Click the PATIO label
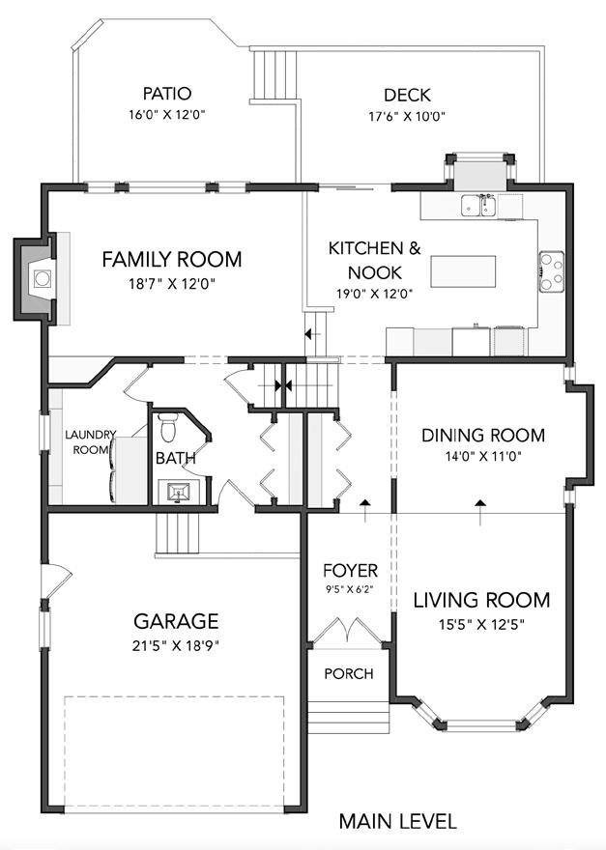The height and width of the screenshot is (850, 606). coord(167,94)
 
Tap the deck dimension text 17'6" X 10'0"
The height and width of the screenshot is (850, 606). coord(407,116)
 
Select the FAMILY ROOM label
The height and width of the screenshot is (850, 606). coord(171,259)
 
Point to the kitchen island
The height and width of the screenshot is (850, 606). coord(463,271)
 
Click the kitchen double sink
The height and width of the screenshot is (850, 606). coord(479,206)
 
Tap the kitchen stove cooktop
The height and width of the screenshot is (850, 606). coord(551,271)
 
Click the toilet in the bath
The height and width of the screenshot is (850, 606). coord(170,427)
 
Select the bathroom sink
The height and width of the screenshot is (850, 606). coord(179,493)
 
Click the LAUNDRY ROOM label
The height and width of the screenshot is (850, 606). coord(90,441)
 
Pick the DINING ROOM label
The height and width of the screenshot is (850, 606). coord(483,435)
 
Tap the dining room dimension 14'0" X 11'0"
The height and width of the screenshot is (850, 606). coord(483,457)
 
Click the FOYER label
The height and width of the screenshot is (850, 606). coord(350,570)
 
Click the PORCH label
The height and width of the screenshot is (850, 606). coord(349,674)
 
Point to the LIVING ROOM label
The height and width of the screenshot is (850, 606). coord(481,600)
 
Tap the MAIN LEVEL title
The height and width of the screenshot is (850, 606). coord(397,822)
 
